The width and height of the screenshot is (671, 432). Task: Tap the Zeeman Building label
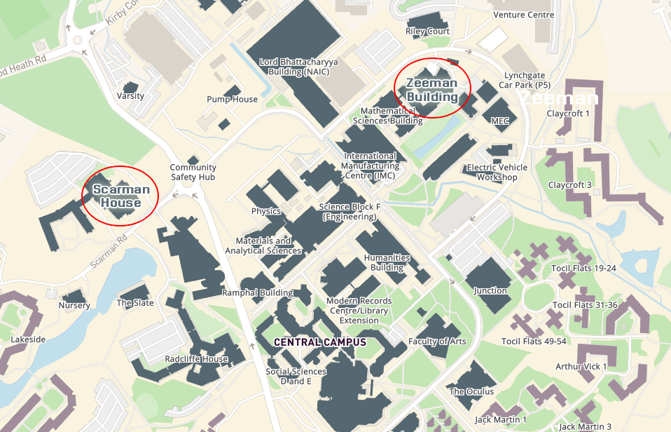(x=432, y=90)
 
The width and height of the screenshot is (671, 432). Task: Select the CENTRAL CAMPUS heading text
(x=320, y=342)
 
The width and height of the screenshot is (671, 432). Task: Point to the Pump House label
(x=232, y=100)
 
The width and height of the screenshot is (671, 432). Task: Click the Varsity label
(x=131, y=95)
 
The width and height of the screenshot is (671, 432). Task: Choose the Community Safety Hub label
(x=193, y=173)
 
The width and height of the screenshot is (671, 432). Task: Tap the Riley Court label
(x=427, y=32)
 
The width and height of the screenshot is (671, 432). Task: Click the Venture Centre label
(x=524, y=15)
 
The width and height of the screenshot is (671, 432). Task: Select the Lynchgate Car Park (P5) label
(x=528, y=80)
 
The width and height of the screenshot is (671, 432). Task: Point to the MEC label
(x=500, y=121)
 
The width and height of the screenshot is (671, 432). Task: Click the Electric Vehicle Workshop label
(x=498, y=173)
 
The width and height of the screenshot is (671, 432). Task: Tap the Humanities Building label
(x=387, y=262)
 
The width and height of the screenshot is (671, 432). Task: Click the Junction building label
(x=490, y=290)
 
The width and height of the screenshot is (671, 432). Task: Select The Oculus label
(x=471, y=391)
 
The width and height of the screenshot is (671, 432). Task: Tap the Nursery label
(x=74, y=305)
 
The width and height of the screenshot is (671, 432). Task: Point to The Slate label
(x=135, y=303)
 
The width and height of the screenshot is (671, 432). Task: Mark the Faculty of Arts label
(x=437, y=342)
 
